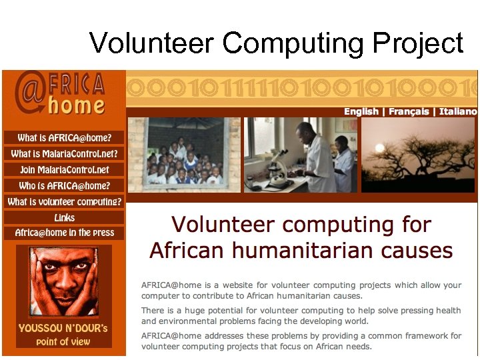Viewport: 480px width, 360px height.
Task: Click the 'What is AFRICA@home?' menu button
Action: click(64, 138)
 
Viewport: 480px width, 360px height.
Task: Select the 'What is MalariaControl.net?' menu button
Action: click(64, 154)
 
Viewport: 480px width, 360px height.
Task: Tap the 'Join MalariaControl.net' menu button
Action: click(64, 170)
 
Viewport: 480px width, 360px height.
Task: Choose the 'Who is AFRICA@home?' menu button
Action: click(64, 186)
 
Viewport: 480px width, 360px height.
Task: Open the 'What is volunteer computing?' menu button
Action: click(64, 201)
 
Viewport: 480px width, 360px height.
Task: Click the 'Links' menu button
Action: click(64, 217)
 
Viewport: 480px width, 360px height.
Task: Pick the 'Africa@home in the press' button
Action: click(64, 233)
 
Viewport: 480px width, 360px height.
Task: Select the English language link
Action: click(361, 111)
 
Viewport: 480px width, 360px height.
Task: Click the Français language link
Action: click(409, 111)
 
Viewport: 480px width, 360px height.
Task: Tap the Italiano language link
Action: click(458, 111)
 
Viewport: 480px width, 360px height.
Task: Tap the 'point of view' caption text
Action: click(64, 341)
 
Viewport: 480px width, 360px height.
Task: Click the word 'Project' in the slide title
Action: click(417, 43)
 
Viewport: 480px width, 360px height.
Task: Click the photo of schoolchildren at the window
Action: click(184, 155)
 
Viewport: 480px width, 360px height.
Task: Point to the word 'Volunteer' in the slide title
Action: click(151, 43)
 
